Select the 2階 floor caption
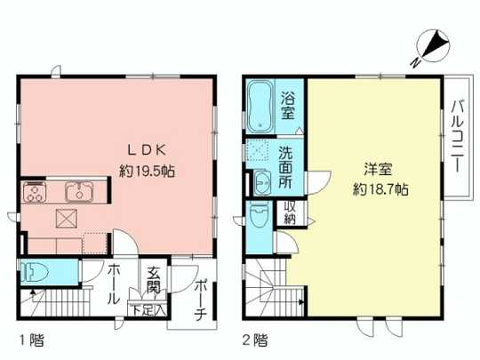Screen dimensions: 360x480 point(255,339)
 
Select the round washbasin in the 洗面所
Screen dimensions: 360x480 point(262,182)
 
